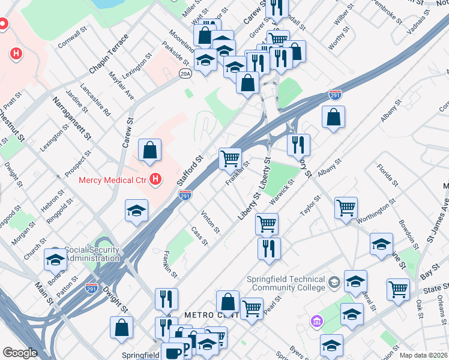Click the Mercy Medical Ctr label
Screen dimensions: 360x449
[113, 179]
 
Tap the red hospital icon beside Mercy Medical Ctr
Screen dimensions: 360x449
[156, 179]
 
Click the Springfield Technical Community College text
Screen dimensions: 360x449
[286, 283]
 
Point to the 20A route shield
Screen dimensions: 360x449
[185, 73]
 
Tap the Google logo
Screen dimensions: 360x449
[20, 353]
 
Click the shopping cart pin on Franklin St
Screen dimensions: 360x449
[230, 159]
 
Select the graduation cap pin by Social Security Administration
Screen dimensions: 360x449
[55, 260]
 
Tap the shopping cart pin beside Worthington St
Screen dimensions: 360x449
[346, 208]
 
